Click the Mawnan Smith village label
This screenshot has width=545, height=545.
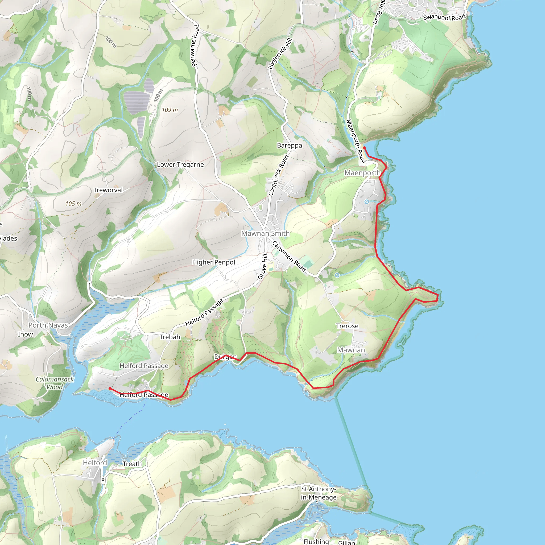click(265, 233)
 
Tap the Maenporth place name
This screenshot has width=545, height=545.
click(362, 173)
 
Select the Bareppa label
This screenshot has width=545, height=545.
click(290, 145)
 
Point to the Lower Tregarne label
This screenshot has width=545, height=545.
click(180, 164)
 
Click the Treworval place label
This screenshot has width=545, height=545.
click(108, 190)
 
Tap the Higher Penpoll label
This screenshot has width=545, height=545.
click(214, 262)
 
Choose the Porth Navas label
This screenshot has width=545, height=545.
click(48, 325)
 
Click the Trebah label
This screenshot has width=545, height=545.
click(170, 337)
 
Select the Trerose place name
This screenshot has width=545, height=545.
click(347, 326)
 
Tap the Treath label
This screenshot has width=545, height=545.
click(132, 464)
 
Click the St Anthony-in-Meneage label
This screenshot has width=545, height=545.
click(319, 493)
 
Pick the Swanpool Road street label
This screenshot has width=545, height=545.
click(444, 17)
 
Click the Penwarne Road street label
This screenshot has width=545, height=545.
click(195, 46)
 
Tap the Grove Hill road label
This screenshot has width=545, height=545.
click(263, 267)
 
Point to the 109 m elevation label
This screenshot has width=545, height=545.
click(170, 110)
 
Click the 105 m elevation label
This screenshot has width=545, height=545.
click(73, 203)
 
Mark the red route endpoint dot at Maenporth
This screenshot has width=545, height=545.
click(365, 148)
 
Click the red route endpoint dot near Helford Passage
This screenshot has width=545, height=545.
click(110, 389)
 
